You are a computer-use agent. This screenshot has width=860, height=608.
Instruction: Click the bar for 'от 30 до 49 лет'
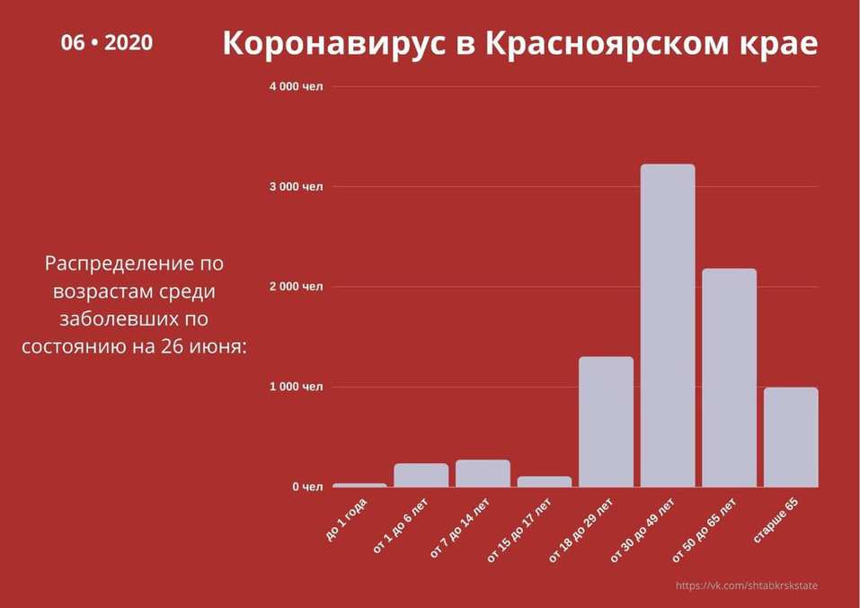[x=668, y=326]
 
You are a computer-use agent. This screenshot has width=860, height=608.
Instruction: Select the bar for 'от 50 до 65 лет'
[x=729, y=378]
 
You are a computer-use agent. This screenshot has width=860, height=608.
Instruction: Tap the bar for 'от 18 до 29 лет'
[x=606, y=422]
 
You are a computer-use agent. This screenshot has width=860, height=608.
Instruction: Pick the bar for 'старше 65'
[x=791, y=437]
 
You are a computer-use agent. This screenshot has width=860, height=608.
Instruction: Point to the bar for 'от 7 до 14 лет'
[x=483, y=474]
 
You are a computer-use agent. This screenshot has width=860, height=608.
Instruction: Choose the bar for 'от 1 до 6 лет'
[x=421, y=476]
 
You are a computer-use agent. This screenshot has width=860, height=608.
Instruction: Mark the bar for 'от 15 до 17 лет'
[x=545, y=481]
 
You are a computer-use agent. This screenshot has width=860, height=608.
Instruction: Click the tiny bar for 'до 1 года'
[x=359, y=485]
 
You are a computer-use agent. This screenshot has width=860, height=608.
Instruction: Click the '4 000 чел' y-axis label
[x=296, y=86]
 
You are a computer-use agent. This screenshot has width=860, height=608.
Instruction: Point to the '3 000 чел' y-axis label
[x=296, y=187]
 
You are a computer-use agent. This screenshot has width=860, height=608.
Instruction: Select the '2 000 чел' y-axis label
[x=296, y=287]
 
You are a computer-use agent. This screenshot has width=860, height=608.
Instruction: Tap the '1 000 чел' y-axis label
[x=296, y=387]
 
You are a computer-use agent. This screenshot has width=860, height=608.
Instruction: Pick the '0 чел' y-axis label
[x=306, y=487]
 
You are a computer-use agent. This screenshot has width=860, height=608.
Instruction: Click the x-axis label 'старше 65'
[x=776, y=520]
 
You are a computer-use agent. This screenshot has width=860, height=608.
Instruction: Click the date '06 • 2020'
[x=107, y=42]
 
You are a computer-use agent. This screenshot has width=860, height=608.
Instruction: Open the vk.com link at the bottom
[x=747, y=586]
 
